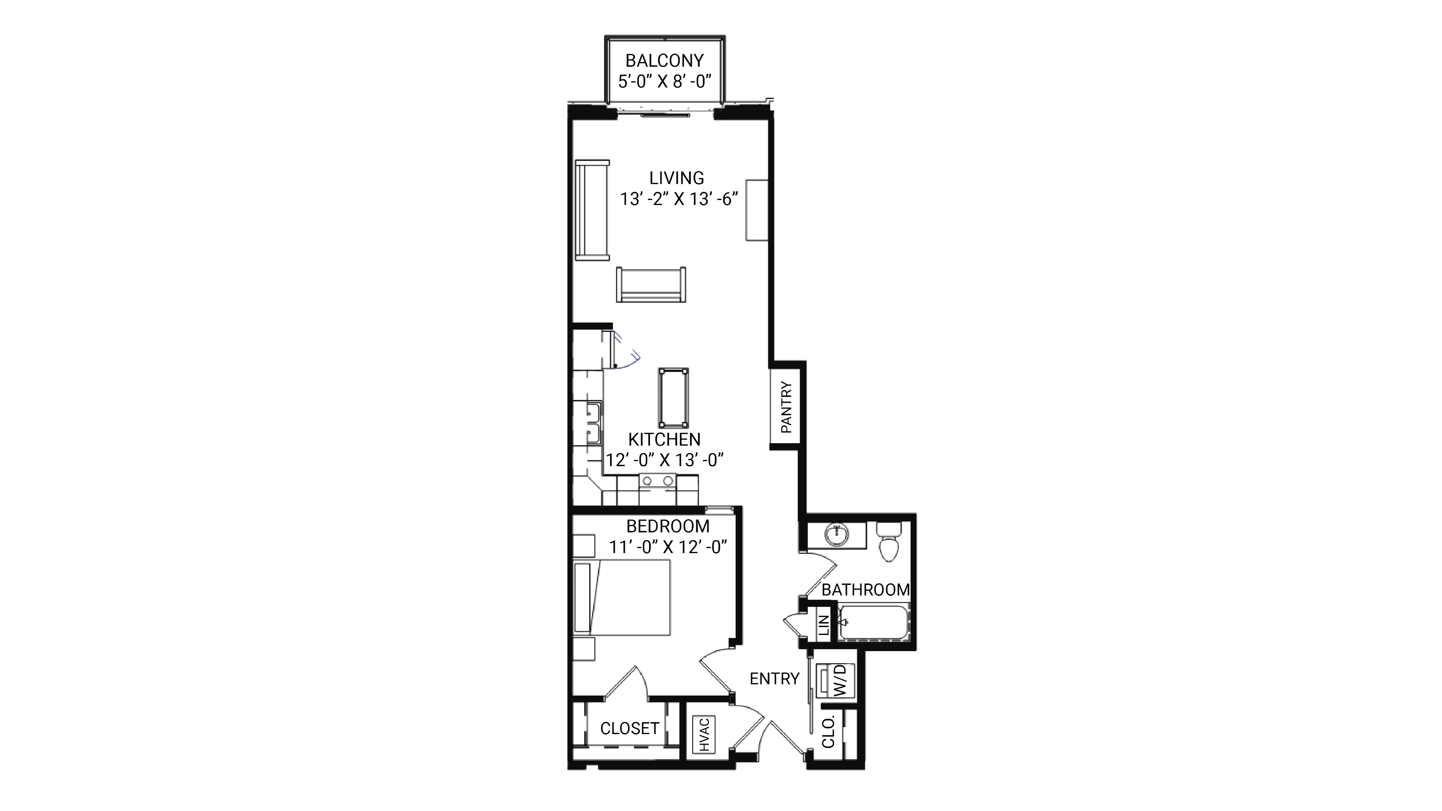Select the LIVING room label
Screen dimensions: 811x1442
click(x=676, y=178)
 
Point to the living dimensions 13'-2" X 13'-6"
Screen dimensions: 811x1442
click(x=679, y=199)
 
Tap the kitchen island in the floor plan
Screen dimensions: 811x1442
click(x=673, y=398)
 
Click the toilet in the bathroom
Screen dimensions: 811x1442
click(x=888, y=541)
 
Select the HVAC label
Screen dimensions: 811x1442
click(x=704, y=734)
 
